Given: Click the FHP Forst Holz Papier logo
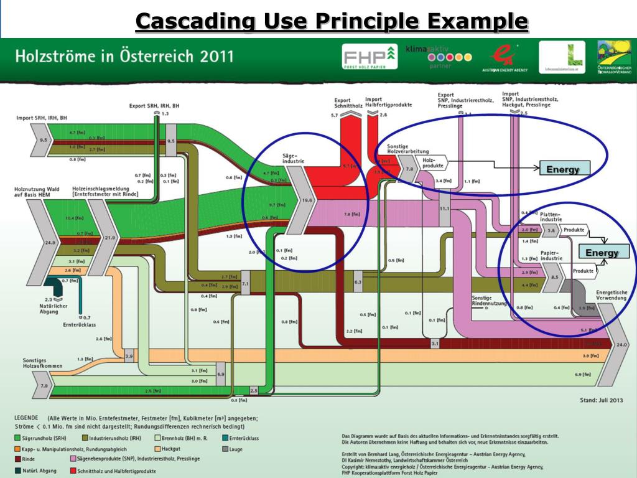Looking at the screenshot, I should click(x=370, y=57).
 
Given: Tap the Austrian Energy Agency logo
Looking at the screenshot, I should click(x=504, y=58).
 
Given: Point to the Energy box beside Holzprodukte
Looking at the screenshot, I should click(x=563, y=169).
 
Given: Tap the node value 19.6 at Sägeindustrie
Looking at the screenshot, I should click(x=306, y=200).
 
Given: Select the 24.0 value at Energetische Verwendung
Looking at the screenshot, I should click(x=621, y=344).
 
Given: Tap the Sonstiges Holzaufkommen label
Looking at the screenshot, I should click(x=42, y=363).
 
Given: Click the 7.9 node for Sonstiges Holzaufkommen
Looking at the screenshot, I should click(x=44, y=386).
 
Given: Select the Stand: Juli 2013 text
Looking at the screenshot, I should click(x=601, y=400).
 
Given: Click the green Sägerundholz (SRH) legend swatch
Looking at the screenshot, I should click(x=17, y=438).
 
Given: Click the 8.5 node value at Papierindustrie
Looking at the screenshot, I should click(x=555, y=276).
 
